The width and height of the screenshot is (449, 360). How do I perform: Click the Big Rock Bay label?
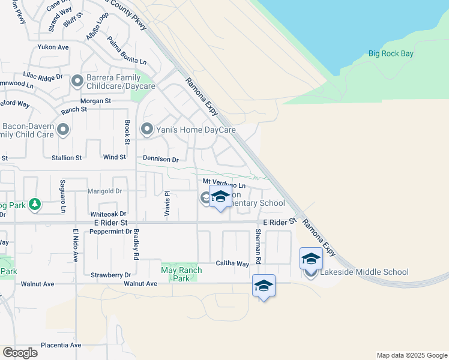tap(391, 54)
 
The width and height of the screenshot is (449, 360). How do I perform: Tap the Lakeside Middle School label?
tap(364, 272)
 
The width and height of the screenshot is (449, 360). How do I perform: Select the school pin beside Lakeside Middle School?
tap(311, 259)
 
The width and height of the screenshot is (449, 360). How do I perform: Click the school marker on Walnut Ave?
tap(264, 286)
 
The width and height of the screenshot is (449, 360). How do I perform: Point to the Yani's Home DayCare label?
tap(197, 130)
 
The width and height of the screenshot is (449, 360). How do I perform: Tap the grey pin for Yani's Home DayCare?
tap(147, 129)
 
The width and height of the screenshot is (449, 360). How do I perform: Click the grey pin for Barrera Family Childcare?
tap(77, 81)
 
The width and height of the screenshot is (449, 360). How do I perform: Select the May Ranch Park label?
tap(181, 274)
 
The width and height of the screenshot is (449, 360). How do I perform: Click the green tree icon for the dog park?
tap(35, 205)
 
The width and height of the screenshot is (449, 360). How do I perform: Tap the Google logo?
tap(20, 353)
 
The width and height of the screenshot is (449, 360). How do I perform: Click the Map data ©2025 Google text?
tap(411, 355)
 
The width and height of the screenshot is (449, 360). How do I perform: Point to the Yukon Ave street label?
tap(53, 47)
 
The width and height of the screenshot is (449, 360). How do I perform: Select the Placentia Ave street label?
tap(61, 345)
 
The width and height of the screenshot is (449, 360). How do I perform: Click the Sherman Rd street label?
tap(258, 247)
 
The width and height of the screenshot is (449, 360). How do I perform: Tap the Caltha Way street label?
tap(232, 263)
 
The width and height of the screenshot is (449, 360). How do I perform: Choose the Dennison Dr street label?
tap(161, 160)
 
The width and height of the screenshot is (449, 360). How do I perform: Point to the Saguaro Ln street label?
tap(62, 196)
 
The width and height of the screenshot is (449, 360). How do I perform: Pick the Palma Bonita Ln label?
tap(127, 52)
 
